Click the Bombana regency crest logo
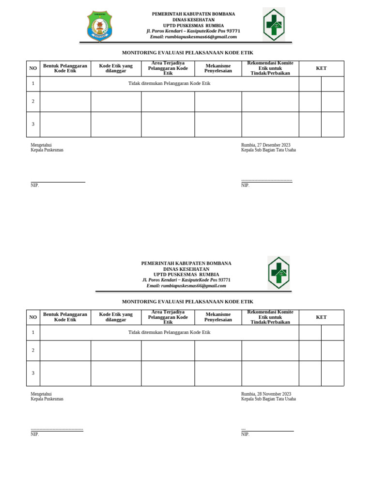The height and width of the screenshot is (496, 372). pos(99,26)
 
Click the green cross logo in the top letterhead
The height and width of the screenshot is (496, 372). pos(274,24)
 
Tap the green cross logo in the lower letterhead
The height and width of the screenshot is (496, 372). pos(279,273)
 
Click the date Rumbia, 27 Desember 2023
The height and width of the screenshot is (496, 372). pos(266,145)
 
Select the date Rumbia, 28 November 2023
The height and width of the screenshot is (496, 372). pos(266,394)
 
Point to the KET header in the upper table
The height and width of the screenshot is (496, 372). pos(321,68)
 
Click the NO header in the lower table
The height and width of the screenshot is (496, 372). pos(33,317)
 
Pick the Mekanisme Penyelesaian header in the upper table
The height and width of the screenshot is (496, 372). pos(218,68)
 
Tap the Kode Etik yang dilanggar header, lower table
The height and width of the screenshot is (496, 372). pos(116,317)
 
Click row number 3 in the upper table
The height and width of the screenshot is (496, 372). pos(33,124)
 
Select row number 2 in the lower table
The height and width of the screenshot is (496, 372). pos(33,350)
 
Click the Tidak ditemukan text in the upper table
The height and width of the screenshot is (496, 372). pos(169,83)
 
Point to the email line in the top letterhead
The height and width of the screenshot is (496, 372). pos(193,37)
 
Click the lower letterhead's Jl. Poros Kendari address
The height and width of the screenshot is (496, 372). pos(186,280)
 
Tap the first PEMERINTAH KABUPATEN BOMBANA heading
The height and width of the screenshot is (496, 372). pos(193,14)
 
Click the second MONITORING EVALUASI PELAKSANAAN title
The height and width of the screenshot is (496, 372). pos(187,301)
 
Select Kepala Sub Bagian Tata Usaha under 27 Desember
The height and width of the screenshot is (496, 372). pos(268,150)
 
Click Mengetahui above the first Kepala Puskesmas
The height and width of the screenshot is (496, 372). pos(41,145)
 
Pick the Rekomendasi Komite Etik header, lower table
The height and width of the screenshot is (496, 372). pos(270,317)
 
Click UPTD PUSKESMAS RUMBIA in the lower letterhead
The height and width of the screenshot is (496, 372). pos(186,274)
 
